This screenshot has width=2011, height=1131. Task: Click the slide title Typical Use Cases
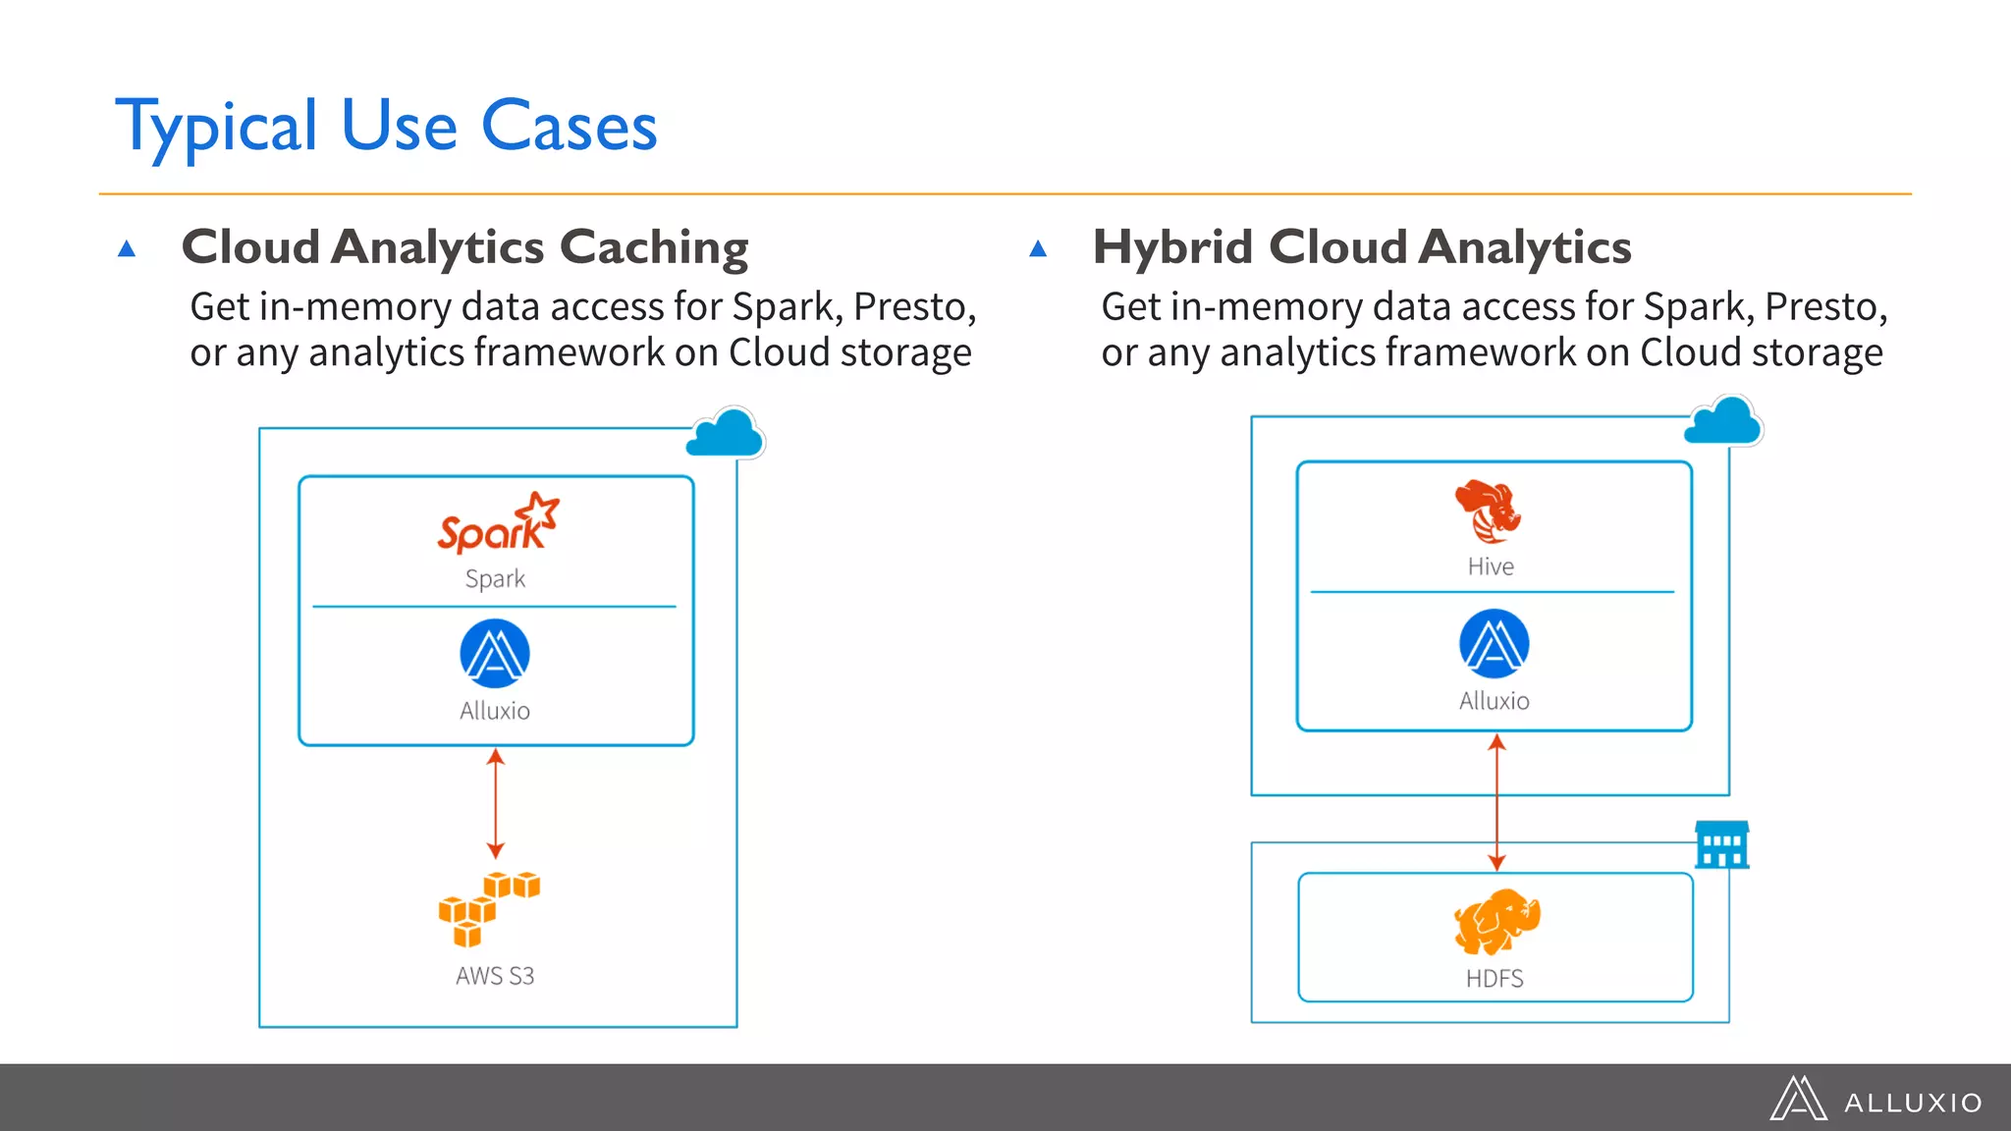click(x=386, y=128)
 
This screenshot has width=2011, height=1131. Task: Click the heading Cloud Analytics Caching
click(x=464, y=246)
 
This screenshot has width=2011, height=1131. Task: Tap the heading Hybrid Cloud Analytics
click(x=1362, y=246)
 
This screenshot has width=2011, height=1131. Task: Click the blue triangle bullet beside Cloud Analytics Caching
click(x=127, y=248)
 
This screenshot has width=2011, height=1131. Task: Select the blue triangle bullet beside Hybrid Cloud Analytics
click(x=1038, y=248)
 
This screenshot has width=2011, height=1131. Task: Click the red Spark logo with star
click(x=498, y=523)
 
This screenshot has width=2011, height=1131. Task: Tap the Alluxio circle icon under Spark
click(x=495, y=654)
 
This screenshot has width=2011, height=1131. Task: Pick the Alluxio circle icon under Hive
click(x=1494, y=644)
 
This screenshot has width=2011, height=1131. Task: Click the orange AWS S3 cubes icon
click(x=488, y=908)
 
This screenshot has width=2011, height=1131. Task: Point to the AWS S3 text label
click(x=495, y=976)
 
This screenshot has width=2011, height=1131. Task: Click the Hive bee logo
click(x=1488, y=512)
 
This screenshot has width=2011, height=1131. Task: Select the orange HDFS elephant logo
click(x=1495, y=922)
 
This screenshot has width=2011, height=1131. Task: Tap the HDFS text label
click(x=1495, y=979)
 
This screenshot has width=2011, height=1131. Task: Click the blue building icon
click(x=1721, y=845)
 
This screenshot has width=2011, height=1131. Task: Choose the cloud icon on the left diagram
click(x=726, y=434)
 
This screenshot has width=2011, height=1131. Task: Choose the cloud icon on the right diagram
click(x=1723, y=422)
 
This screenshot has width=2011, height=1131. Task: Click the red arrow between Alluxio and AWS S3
click(x=496, y=803)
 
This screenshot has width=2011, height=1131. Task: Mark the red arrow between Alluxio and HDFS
click(x=1496, y=803)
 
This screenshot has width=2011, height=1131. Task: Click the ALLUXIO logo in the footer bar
click(x=1876, y=1100)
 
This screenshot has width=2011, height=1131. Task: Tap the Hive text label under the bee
click(x=1491, y=566)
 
